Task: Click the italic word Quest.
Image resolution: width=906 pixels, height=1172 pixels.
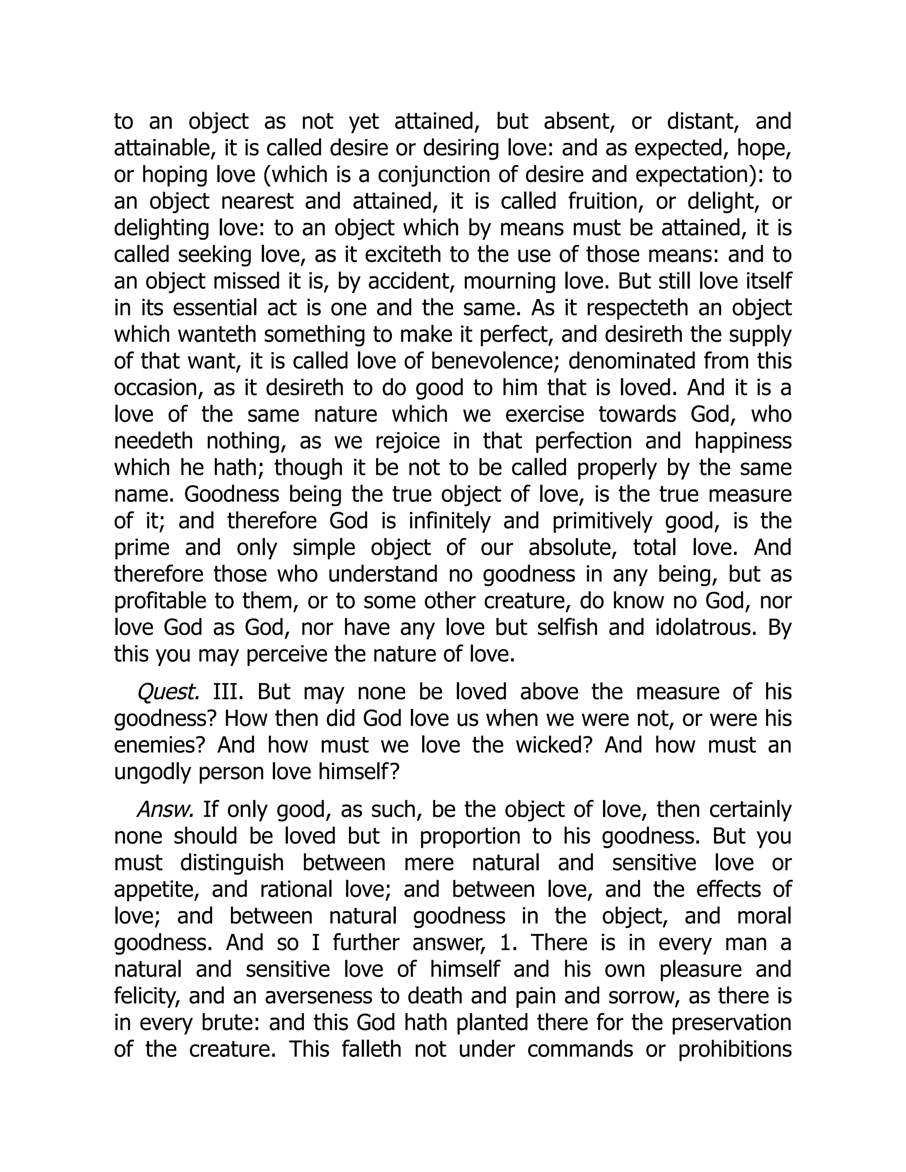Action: tap(169, 692)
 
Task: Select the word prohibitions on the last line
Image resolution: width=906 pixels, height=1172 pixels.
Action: tap(735, 1049)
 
